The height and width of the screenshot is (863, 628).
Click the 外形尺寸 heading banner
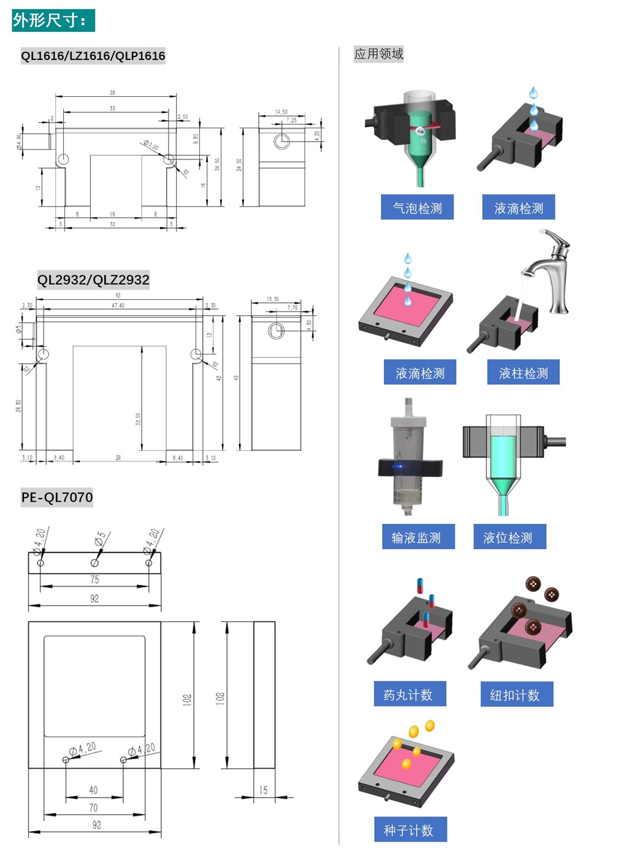click(53, 20)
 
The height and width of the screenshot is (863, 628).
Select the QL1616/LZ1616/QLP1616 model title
click(93, 56)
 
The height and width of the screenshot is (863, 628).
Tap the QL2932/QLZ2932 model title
click(93, 280)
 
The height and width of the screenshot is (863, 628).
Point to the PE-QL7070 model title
click(57, 497)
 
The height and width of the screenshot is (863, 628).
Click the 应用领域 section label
click(378, 54)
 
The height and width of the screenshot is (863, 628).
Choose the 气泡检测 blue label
click(417, 208)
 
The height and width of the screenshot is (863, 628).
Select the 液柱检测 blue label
click(523, 373)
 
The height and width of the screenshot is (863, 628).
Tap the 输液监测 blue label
click(417, 537)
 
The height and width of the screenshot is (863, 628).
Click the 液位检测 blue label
click(508, 537)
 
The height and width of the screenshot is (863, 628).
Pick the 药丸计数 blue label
click(409, 694)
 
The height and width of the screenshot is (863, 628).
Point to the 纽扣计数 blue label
click(516, 694)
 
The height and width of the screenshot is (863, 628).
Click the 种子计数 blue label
click(409, 830)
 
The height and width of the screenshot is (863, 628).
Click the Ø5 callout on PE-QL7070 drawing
click(100, 539)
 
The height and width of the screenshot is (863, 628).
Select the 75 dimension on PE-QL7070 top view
click(94, 580)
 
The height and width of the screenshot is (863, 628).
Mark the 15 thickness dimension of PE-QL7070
click(263, 790)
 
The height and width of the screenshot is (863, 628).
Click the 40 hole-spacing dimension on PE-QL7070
click(93, 790)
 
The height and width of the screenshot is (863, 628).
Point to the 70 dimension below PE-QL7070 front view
click(93, 808)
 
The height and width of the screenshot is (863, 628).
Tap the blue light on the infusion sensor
click(399, 467)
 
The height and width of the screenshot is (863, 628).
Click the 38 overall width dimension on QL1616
click(112, 93)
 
